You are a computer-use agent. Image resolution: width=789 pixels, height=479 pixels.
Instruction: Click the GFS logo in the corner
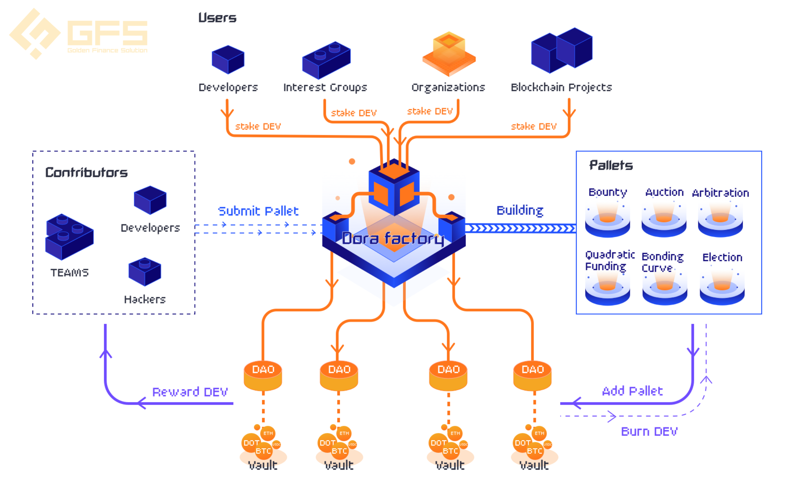point(78,34)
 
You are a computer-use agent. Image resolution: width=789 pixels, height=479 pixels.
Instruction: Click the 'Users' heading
point(217,18)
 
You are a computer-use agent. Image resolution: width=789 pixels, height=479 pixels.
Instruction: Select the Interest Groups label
point(325,87)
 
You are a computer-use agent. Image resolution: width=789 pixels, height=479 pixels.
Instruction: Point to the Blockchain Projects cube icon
point(561,50)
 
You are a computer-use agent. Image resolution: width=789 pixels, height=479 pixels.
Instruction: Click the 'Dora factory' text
point(393,238)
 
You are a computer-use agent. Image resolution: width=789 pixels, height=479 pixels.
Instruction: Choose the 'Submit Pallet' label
point(258,211)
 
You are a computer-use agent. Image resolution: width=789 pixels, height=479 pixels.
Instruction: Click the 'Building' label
point(520,210)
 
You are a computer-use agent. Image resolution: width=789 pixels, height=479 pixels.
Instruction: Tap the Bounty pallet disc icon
point(607,220)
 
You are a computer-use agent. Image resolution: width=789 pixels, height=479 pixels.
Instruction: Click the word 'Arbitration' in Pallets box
point(721,192)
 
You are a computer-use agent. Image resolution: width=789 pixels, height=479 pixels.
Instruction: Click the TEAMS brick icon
point(69,237)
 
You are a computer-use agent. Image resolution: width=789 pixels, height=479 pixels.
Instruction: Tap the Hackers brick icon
point(145,272)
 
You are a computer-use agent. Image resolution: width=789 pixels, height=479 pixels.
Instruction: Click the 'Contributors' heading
point(86,172)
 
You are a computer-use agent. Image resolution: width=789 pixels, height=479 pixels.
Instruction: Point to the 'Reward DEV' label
point(190,392)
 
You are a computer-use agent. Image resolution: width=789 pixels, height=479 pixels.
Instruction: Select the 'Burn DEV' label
point(649,431)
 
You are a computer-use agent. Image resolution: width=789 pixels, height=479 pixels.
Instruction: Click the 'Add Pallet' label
point(632,391)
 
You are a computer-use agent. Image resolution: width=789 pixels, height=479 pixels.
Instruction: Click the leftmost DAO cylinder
point(263,376)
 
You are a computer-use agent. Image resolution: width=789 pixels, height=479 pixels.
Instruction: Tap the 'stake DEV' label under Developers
point(258,126)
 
